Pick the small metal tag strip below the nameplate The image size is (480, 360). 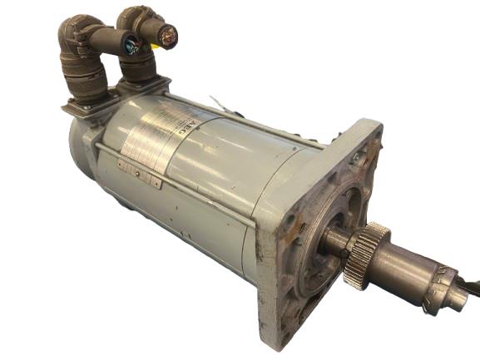[x=138, y=171]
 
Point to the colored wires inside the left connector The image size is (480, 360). [x=131, y=47]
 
